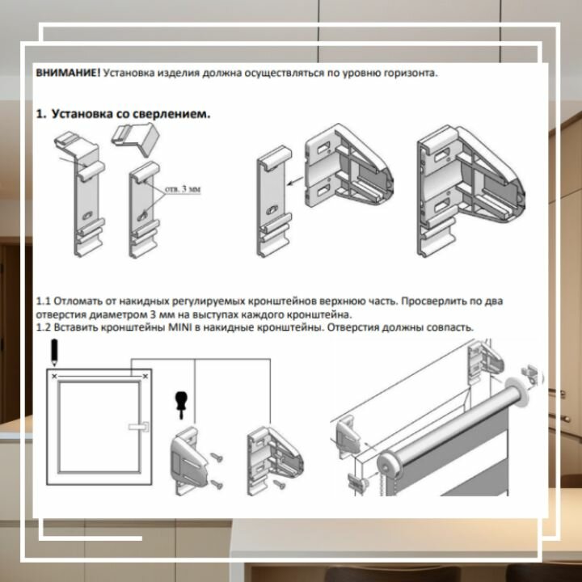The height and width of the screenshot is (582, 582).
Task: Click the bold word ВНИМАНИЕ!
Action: pos(68,73)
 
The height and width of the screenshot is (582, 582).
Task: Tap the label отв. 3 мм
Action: pos(183,189)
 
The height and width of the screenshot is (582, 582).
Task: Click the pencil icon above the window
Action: pos(54,352)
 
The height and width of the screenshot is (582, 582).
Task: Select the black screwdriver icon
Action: pos(181,405)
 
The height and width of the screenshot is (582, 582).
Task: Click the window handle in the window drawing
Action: pos(139,427)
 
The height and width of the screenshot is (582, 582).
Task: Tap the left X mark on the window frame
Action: pos(55,377)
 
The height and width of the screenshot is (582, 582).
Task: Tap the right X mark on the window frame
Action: pos(145,377)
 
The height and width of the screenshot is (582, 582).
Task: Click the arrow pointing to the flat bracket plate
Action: pos(296,182)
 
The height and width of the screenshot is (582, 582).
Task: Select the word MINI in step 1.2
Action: pos(180,327)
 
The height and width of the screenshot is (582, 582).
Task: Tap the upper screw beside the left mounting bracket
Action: pos(217,458)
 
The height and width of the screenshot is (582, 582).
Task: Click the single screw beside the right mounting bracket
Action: pos(279,483)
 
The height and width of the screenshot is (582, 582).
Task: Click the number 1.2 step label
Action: pos(44,327)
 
